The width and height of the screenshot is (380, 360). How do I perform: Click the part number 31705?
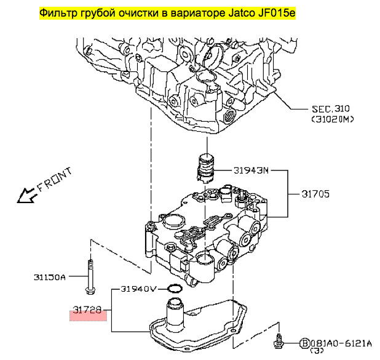coord(315,193)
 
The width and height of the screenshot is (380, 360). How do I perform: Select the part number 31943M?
coord(252,170)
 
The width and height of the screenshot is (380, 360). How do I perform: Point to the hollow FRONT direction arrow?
coord(26,196)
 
